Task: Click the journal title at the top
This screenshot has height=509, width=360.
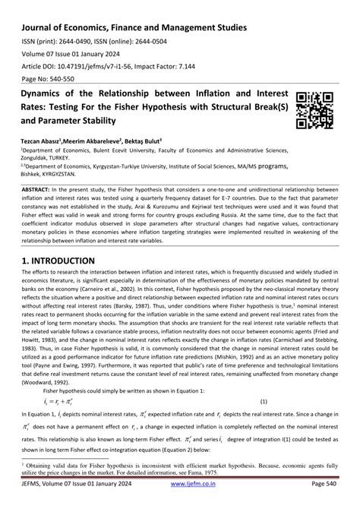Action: pos(134,27)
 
